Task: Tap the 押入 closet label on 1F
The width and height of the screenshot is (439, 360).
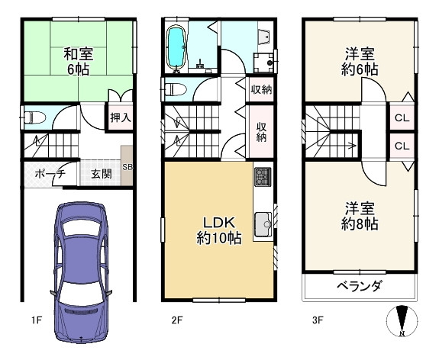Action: click(x=118, y=118)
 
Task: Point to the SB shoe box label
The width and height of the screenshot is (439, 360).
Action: click(x=128, y=169)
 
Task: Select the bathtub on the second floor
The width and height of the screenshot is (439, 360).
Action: click(x=176, y=47)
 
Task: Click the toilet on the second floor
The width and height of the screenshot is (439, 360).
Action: click(x=174, y=88)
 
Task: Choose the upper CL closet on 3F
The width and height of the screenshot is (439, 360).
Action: click(x=401, y=118)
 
